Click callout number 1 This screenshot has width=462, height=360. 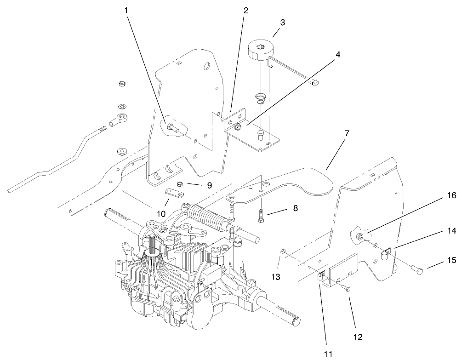(x=126, y=11)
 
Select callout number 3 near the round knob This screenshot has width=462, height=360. (x=283, y=23)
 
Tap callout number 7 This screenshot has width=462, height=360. (x=347, y=133)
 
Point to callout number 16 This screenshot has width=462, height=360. (x=452, y=195)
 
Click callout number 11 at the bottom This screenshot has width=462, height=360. (x=328, y=354)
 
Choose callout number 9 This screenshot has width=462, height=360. (x=209, y=185)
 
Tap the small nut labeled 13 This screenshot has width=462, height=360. (x=282, y=251)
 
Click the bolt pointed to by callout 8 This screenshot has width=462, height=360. (x=261, y=216)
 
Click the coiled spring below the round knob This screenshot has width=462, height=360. (x=260, y=98)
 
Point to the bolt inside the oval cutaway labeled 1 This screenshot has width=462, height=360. (x=172, y=128)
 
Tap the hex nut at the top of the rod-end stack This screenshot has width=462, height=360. (x=122, y=84)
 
